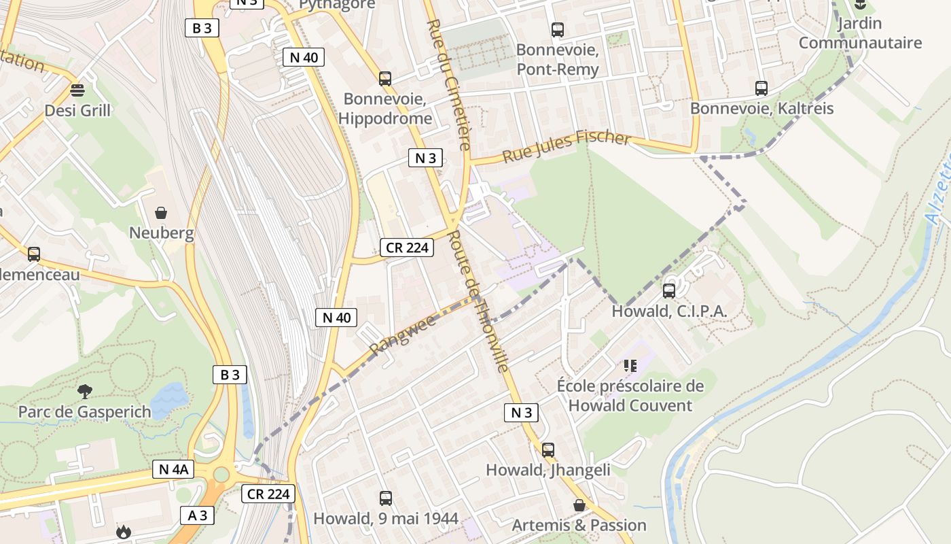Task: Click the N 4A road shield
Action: (x=173, y=469)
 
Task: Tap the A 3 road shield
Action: (x=198, y=515)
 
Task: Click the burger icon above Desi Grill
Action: (x=77, y=90)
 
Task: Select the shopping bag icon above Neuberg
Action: (x=161, y=213)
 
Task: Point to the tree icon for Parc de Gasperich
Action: (x=84, y=391)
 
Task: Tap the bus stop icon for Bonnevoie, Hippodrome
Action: (x=385, y=78)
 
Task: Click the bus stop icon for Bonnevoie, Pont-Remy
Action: (x=558, y=29)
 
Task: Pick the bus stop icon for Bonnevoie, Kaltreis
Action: (x=761, y=88)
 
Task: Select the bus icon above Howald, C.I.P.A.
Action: (x=669, y=291)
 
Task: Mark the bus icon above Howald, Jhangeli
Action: (x=548, y=449)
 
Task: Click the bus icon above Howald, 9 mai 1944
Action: (x=386, y=498)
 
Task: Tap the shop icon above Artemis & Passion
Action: (x=579, y=505)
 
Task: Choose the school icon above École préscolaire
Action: (x=630, y=366)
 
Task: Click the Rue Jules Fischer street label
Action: (x=567, y=146)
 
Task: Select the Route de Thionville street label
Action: (x=479, y=302)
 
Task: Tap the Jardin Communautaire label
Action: (x=860, y=33)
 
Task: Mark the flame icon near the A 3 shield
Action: (x=123, y=532)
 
